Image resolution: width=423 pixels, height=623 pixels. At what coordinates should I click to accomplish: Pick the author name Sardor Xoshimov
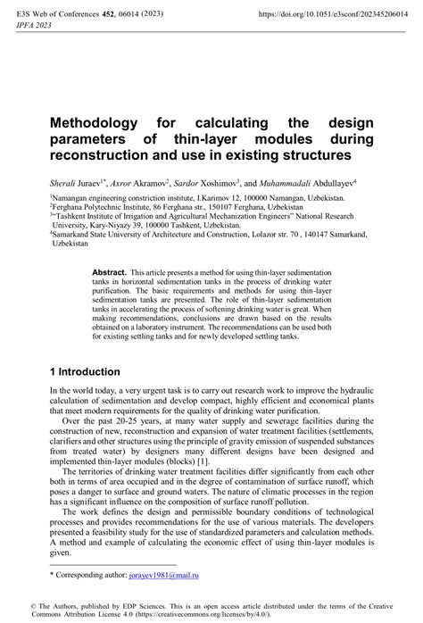coord(208,181)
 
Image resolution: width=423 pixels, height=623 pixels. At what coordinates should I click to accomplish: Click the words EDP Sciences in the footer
coord(139,605)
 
